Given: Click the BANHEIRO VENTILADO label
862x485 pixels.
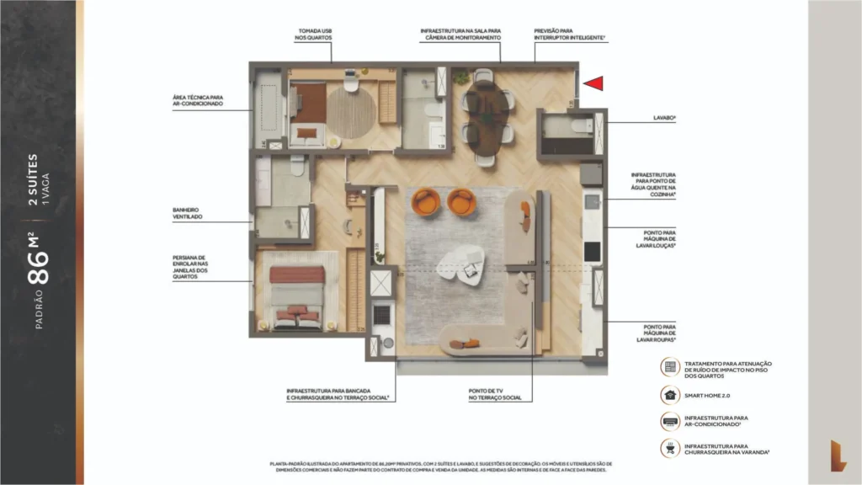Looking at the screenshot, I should point(188,213).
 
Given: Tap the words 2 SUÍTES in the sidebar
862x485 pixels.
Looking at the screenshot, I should point(33,180).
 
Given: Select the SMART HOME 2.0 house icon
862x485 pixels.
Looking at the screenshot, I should point(669,393).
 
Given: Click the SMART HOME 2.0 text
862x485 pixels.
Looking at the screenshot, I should point(707,393).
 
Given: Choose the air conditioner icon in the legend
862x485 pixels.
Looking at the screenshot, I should point(669,421).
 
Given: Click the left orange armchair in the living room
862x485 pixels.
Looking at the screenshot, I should point(426,202).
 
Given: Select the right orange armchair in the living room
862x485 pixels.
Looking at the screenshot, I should point(461,202).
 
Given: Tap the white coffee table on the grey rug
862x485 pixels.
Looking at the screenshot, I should point(459,265).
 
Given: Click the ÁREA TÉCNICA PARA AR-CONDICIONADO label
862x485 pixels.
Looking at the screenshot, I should point(198,100).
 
